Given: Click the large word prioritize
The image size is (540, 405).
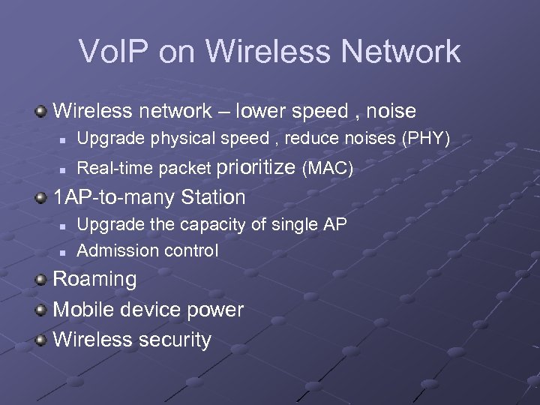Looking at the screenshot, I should [x=256, y=168].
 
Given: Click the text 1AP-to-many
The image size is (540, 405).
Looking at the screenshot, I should [x=107, y=198].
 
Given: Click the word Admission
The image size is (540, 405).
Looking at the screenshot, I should [x=109, y=250].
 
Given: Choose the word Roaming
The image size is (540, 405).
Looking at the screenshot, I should [x=95, y=280].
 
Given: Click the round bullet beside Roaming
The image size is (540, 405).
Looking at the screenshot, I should [x=42, y=280].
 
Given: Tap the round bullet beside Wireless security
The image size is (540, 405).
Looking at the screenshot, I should [x=42, y=339].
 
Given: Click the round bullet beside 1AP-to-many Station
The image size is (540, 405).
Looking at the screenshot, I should [x=42, y=198].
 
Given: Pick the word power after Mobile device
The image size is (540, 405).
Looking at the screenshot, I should [x=217, y=310].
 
